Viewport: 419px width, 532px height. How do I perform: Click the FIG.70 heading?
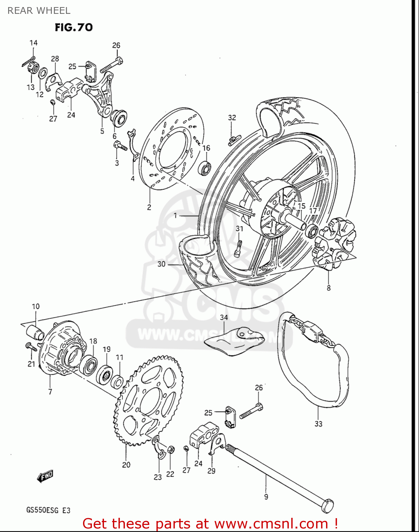[x=74, y=27]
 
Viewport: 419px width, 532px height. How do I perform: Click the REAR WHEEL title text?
[x=39, y=11]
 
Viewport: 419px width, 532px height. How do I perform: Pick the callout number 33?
[x=318, y=423]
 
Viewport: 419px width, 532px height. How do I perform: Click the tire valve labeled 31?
[x=239, y=247]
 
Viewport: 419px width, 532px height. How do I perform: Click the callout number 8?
[x=329, y=288]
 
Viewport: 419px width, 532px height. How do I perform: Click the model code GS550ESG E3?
[x=48, y=510]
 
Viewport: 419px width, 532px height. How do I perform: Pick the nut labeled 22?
[x=170, y=450]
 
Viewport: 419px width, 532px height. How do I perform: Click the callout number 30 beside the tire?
[x=161, y=264]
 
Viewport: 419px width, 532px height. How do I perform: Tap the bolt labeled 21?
[x=31, y=347]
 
